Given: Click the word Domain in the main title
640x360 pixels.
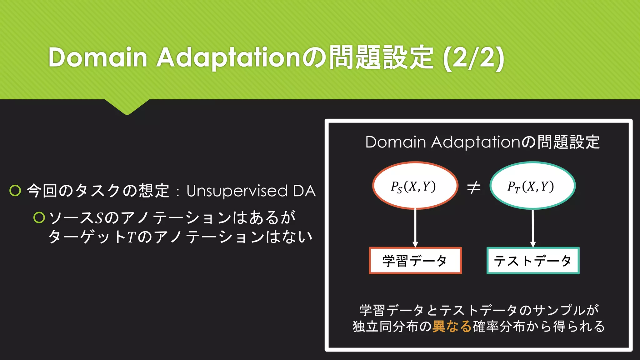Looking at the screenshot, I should (x=97, y=57).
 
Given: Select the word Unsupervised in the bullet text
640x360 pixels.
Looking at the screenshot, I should (x=237, y=191).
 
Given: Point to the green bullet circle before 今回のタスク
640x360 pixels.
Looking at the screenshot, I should (x=15, y=190).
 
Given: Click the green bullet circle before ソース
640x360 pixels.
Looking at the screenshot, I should (x=39, y=217).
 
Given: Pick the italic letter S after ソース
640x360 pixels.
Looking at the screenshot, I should (x=99, y=218).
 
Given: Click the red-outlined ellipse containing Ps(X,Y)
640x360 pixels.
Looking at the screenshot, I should (x=415, y=186).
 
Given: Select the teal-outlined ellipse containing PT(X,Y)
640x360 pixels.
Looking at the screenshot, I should (x=532, y=186).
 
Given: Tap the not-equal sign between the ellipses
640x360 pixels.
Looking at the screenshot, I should (x=474, y=187).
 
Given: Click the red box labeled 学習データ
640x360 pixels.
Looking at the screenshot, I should (x=415, y=261).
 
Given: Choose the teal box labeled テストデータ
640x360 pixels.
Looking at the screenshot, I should (x=533, y=261).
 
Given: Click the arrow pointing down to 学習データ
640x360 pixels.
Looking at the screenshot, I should (x=415, y=228).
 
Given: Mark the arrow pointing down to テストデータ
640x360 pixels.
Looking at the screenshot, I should (x=533, y=228).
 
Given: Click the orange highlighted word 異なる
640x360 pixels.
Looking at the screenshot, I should (x=452, y=326).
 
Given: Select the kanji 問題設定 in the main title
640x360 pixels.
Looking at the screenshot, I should (x=381, y=57).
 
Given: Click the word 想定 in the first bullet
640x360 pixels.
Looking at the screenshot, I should (x=154, y=191).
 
